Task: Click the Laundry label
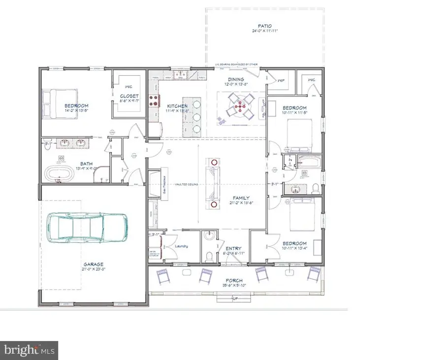tap(181, 247)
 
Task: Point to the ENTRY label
tap(232, 248)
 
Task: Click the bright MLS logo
tap(29, 350)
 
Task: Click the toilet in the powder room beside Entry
tap(209, 256)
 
